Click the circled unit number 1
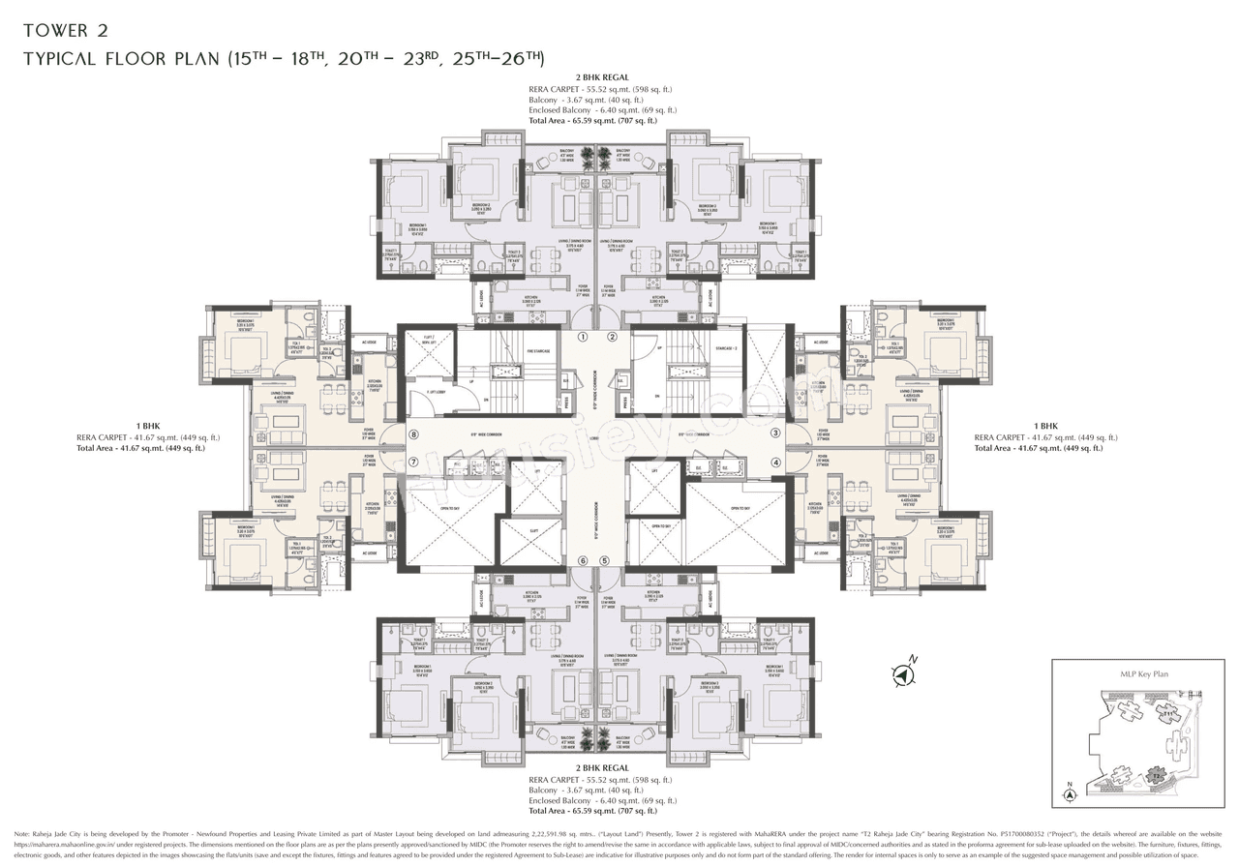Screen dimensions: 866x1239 click(x=584, y=338)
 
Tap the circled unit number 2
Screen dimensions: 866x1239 click(x=612, y=338)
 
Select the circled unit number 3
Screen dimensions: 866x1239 click(x=775, y=433)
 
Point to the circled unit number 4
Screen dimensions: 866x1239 click(x=775, y=463)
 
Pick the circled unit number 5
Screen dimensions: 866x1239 click(x=605, y=560)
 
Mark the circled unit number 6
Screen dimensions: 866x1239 click(x=583, y=560)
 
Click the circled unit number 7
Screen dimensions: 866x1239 click(x=413, y=463)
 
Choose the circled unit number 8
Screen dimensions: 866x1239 click(x=413, y=435)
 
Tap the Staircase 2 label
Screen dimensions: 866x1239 click(x=727, y=347)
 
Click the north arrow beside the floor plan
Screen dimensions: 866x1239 click(x=906, y=672)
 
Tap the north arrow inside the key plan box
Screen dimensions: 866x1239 click(x=1070, y=793)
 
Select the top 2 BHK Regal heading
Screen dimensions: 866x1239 click(x=602, y=77)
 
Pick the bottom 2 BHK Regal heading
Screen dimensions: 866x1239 click(x=602, y=767)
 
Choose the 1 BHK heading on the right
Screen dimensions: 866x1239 click(x=1045, y=426)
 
